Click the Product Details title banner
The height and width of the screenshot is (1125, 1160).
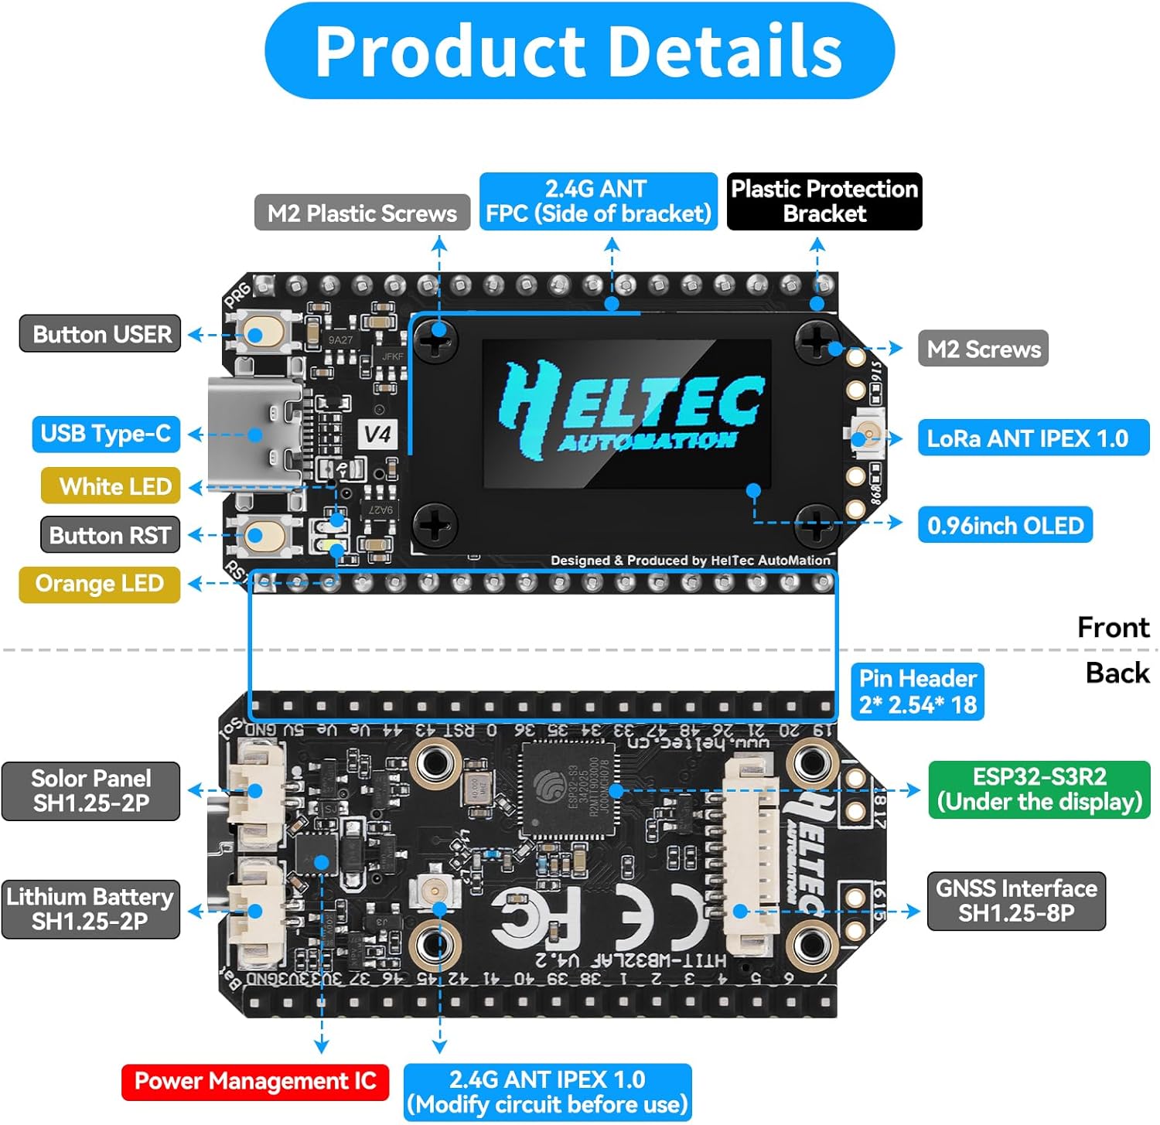[579, 51]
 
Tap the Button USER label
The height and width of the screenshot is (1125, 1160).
[101, 334]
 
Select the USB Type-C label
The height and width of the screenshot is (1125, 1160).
[106, 434]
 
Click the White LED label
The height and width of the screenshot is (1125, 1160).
[111, 486]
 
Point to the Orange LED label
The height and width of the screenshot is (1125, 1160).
[100, 584]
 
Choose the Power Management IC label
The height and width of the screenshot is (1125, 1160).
[254, 1081]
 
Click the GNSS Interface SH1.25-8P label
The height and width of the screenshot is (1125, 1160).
[1016, 901]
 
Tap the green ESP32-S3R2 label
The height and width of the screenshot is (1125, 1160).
[1039, 789]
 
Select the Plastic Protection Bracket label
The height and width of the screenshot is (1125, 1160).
[824, 201]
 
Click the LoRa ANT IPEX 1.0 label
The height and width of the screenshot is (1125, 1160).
[1033, 438]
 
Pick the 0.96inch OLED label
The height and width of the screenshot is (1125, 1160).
[1005, 526]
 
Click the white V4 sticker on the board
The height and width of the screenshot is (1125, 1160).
[378, 434]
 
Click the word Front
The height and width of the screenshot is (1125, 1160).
[1114, 627]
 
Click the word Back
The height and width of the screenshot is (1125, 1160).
[1117, 673]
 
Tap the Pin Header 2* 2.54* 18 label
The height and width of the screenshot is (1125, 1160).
[917, 692]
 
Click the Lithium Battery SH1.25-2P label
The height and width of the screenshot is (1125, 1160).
[90, 909]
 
